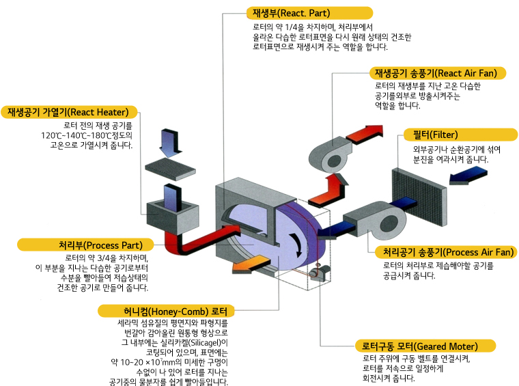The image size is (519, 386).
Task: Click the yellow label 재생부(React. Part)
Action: pyautogui.click(x=309, y=13)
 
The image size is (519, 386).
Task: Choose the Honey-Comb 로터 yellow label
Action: pyautogui.click(x=176, y=311)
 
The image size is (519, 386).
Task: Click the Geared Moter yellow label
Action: pyautogui.click(x=423, y=346)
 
